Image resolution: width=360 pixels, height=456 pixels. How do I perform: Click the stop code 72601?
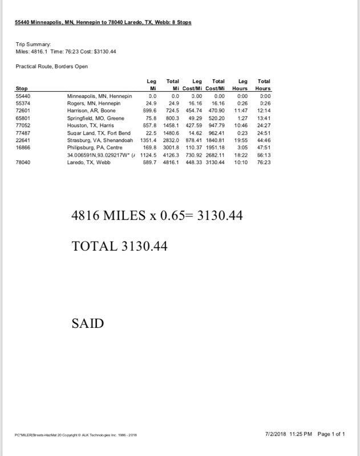[23, 111]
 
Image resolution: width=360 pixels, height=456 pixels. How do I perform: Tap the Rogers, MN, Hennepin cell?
[93, 104]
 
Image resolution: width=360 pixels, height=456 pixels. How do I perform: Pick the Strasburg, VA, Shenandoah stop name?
[101, 140]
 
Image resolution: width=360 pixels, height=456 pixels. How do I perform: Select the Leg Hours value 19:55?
[243, 140]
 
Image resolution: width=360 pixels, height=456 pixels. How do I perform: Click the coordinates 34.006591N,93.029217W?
[100, 155]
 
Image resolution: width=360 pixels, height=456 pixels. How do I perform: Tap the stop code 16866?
[23, 148]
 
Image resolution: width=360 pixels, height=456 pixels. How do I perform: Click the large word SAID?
[88, 323]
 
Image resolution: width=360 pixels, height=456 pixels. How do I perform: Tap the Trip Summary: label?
[33, 44]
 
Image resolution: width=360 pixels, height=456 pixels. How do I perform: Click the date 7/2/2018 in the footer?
[278, 434]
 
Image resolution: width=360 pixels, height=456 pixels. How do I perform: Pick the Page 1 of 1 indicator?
[331, 434]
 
